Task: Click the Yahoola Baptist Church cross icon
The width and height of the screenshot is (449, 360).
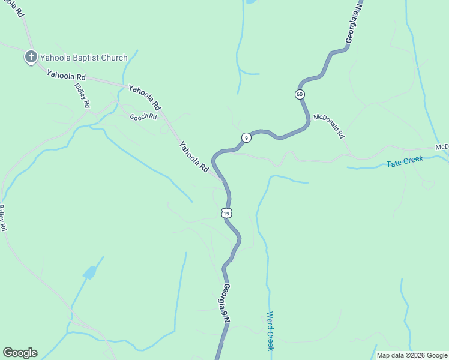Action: click(31, 58)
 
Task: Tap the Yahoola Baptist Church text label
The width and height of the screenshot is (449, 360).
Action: click(83, 58)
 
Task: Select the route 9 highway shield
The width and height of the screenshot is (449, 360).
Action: click(246, 138)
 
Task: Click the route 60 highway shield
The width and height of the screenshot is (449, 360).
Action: click(300, 94)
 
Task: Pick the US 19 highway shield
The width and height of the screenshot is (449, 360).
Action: click(226, 213)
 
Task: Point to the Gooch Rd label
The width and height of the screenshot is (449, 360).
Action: click(143, 116)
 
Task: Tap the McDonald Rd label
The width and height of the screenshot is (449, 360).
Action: click(329, 127)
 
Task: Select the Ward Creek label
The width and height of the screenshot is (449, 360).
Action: click(270, 331)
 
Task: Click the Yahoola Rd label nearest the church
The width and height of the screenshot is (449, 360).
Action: click(67, 76)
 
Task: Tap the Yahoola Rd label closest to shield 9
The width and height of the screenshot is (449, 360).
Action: click(193, 157)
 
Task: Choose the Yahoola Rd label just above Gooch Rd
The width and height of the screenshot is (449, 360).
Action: click(145, 97)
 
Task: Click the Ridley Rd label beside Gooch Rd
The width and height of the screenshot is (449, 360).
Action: click(82, 95)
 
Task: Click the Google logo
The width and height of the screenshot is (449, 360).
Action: click(20, 353)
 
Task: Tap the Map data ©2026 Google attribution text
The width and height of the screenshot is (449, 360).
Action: click(412, 355)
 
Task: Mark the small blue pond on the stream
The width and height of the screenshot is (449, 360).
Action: click(89, 273)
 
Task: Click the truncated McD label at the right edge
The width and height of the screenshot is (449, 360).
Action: click(442, 147)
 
